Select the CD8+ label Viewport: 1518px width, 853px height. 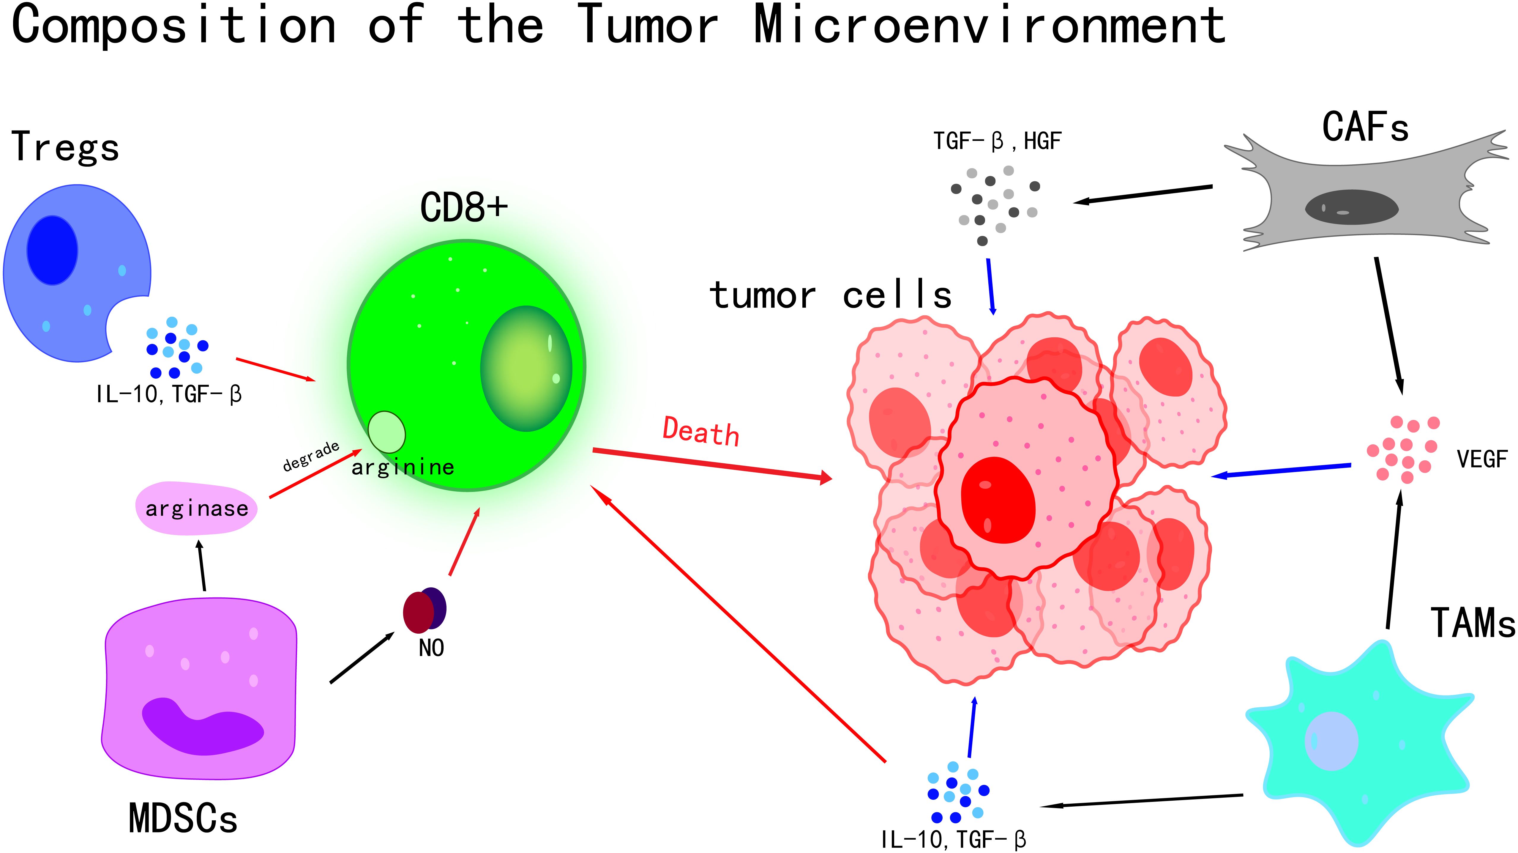pyautogui.click(x=464, y=207)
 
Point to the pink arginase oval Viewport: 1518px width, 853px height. pyautogui.click(x=196, y=508)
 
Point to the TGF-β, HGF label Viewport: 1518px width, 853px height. pyautogui.click(x=997, y=141)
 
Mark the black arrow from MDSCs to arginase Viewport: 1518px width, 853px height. pyautogui.click(x=201, y=566)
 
